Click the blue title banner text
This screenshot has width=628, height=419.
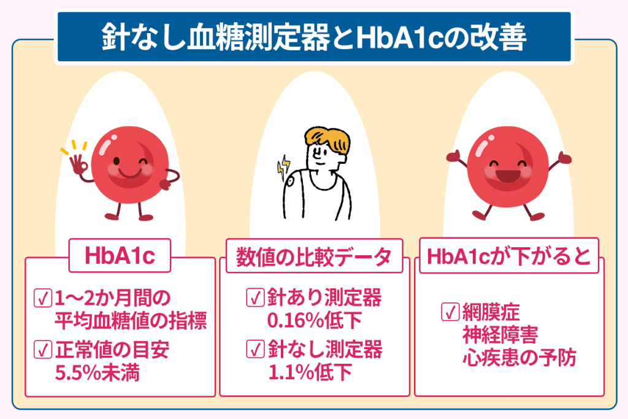[313, 37]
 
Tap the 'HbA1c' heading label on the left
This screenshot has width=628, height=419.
[120, 256]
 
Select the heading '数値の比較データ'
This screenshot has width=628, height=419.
[313, 256]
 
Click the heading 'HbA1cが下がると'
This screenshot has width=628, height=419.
[508, 256]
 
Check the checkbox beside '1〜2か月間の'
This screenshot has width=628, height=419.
[43, 298]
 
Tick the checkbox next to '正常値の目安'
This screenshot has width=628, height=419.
[43, 349]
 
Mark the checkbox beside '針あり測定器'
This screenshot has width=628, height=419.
[255, 298]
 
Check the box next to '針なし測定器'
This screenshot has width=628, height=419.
[255, 349]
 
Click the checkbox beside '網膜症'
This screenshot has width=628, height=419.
[450, 312]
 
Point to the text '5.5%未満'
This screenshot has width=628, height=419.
[97, 372]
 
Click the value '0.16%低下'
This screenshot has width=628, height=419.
[314, 320]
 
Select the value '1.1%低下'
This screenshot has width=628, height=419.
[310, 372]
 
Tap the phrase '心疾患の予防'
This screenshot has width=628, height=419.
[519, 358]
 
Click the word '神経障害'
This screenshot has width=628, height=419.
[500, 335]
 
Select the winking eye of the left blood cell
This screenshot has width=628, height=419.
[142, 162]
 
